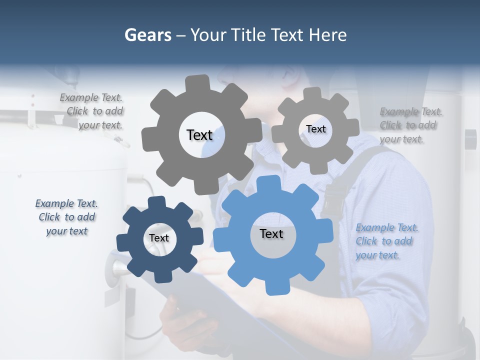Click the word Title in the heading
click(x=250, y=35)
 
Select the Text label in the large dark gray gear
click(x=199, y=135)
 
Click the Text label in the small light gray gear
click(x=315, y=129)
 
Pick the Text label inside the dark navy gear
click(x=159, y=238)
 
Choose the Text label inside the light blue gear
click(x=271, y=233)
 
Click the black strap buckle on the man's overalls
click(x=333, y=200)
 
